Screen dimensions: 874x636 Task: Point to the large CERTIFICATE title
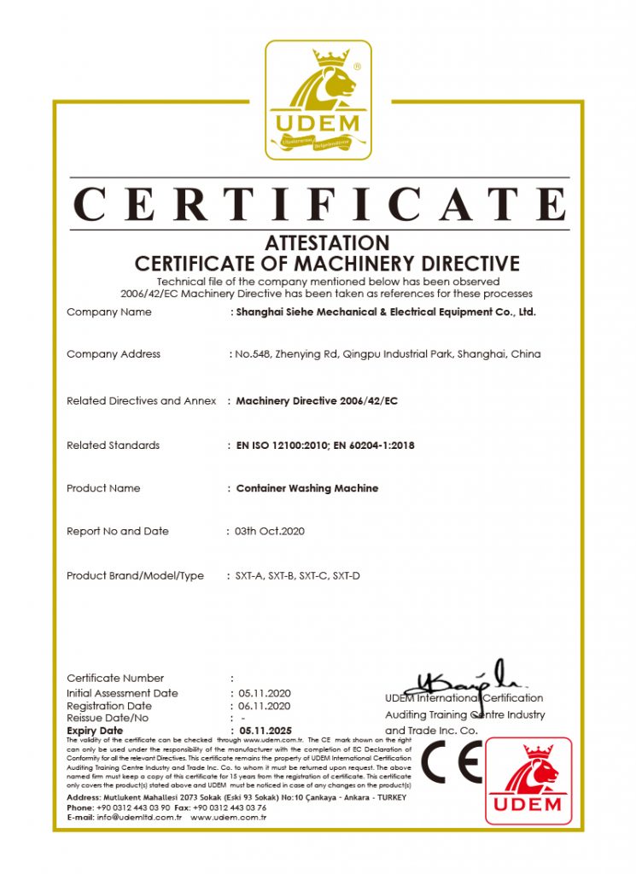click(x=318, y=206)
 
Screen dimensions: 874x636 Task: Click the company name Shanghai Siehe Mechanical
click(x=386, y=312)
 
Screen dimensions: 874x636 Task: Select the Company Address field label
click(x=114, y=354)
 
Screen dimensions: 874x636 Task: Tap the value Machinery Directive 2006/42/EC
click(x=317, y=400)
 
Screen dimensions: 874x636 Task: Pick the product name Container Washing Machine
click(x=306, y=488)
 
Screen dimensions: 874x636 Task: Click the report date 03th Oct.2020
click(x=270, y=531)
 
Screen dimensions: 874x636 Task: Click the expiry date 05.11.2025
click(x=265, y=731)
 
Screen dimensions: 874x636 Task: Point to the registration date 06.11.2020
click(x=265, y=707)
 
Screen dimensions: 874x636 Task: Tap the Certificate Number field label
click(x=115, y=679)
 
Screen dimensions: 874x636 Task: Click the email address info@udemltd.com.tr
click(x=137, y=818)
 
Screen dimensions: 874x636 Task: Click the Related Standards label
click(x=113, y=446)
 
